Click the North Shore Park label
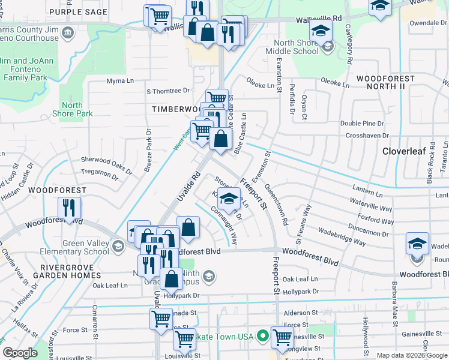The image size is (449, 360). coord(72,109)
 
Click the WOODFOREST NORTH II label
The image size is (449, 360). coord(385,83)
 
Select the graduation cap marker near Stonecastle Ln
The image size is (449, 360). coord(228,199)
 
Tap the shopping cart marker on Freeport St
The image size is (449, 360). coord(282,338)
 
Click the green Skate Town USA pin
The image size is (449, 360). coord(262,336)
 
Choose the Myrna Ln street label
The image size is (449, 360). coord(119,81)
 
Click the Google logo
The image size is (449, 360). coord(20,353)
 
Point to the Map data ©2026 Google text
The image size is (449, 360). coord(411,355)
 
